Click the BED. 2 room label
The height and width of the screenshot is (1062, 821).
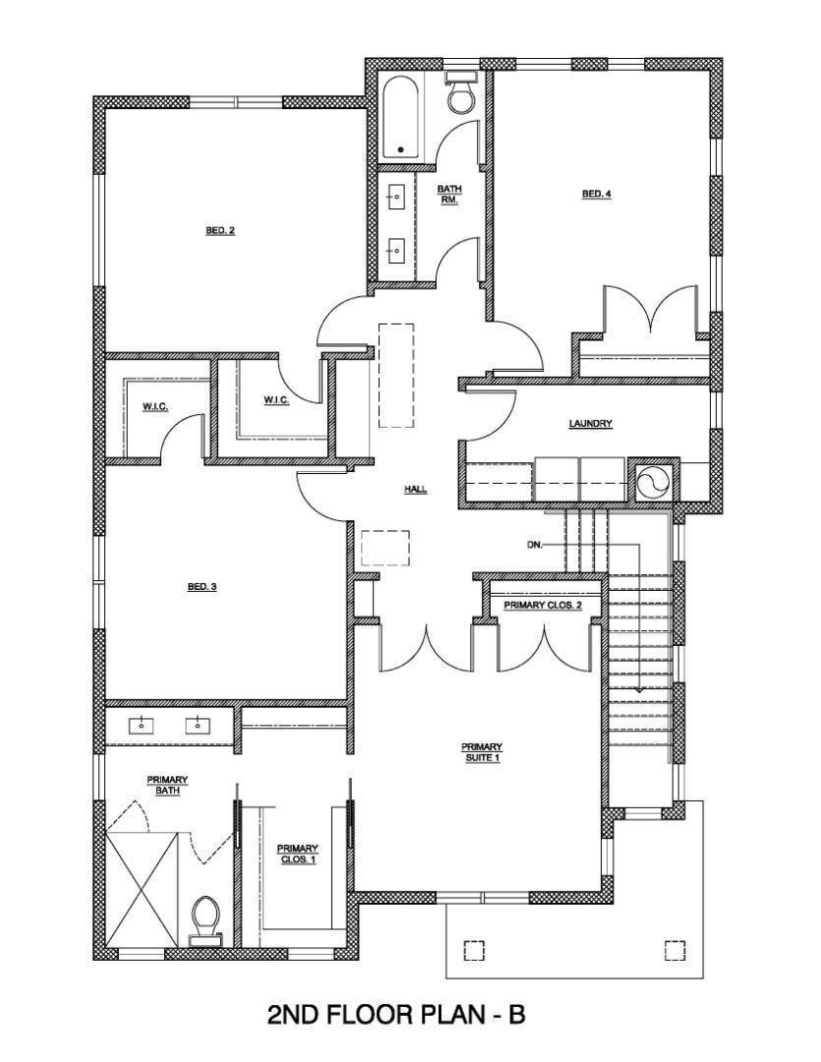(x=220, y=231)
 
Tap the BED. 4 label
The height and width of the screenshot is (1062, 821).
(x=597, y=195)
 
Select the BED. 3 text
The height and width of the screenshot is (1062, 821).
(x=202, y=587)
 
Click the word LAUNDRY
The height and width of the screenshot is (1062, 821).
(x=591, y=424)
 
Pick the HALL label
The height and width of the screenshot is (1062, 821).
(x=416, y=489)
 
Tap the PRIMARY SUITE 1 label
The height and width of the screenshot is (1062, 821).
(x=482, y=752)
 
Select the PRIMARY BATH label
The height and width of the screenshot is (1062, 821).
(x=167, y=785)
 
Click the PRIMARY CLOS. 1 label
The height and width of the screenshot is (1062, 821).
(x=297, y=854)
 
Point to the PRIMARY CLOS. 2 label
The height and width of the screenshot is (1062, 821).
(x=543, y=606)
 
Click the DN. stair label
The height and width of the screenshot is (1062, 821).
(x=535, y=544)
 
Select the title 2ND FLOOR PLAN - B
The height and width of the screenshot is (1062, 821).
(x=396, y=1015)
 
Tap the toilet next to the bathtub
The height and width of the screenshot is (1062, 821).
(x=459, y=93)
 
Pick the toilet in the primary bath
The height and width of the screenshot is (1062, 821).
(x=205, y=919)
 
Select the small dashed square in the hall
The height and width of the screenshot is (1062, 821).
(x=384, y=548)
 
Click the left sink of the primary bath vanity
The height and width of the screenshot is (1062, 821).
(x=143, y=726)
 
